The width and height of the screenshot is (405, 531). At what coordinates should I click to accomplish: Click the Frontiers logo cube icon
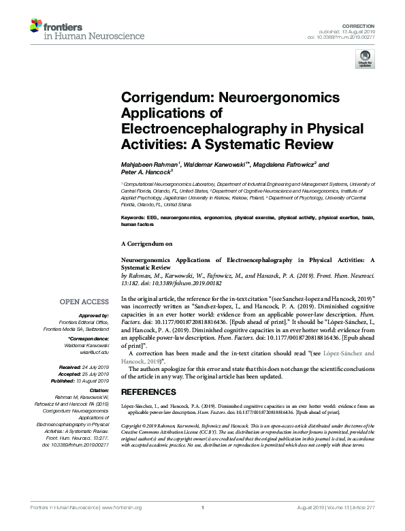pyautogui.click(x=37, y=27)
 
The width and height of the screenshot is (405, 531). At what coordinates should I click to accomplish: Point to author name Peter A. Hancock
pyautogui.click(x=146, y=172)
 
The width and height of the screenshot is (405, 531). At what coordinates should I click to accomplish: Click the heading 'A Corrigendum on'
pyautogui.click(x=145, y=243)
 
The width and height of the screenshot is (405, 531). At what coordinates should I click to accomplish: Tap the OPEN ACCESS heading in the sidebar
pyautogui.click(x=84, y=302)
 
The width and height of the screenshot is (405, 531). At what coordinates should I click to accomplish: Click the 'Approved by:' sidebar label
pyautogui.click(x=94, y=317)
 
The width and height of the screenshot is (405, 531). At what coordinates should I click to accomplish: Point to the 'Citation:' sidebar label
pyautogui.click(x=97, y=391)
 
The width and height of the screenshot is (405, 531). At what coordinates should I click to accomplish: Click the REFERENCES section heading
pyautogui.click(x=148, y=392)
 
